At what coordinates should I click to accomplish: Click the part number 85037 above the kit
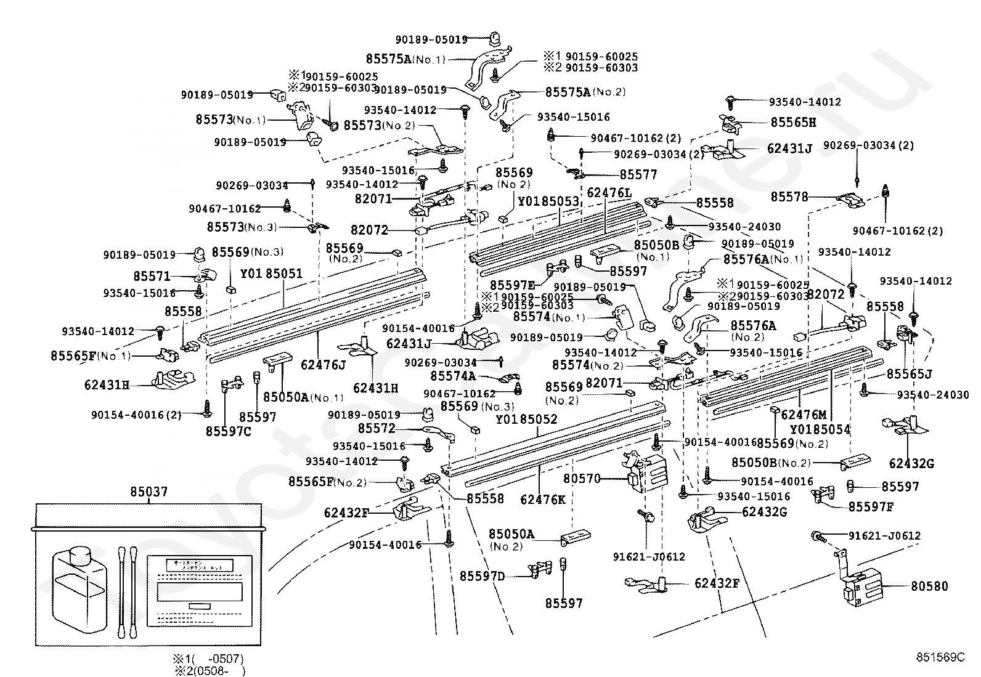149,492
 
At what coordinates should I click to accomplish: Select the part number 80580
929,586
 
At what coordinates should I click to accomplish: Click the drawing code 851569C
940,657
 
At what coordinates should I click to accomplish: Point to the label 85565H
793,123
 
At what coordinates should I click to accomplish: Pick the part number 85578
789,197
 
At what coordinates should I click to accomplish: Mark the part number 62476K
542,500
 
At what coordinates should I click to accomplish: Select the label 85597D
482,576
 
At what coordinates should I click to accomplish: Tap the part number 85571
152,277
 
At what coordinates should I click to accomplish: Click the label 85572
376,428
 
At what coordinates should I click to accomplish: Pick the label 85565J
909,374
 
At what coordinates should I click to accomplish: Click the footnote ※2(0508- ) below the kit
209,671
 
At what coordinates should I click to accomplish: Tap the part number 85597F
871,506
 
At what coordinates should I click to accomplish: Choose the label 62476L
609,193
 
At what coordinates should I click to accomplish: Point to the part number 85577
638,175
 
